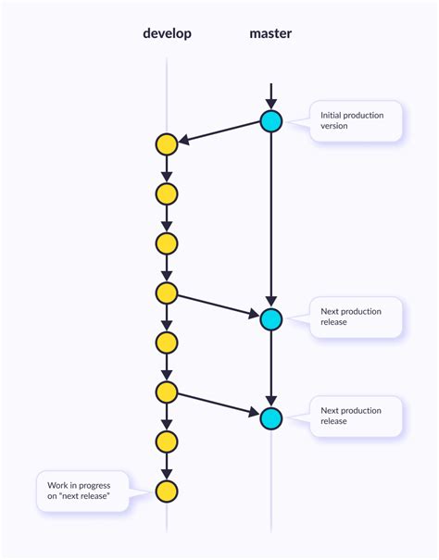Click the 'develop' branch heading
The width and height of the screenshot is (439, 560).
167,33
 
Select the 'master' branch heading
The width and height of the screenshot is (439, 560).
270,33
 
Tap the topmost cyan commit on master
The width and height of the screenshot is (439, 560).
270,121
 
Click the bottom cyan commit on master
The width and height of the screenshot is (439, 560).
270,418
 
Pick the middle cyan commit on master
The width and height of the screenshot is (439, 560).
270,319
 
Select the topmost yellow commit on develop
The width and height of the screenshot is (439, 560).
167,144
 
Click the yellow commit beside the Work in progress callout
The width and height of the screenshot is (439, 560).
167,491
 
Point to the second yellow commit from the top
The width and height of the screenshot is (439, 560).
167,194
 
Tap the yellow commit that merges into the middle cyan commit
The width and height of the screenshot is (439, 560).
167,293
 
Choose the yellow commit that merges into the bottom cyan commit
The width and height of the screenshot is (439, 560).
167,392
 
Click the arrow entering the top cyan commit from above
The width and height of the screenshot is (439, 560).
270,95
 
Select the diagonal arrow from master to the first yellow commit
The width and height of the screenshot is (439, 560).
219,132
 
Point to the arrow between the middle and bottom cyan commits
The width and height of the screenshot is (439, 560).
270,369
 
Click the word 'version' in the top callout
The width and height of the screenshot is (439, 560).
334,126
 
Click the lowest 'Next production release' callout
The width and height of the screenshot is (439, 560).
357,416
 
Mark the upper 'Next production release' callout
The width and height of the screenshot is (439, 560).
357,317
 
